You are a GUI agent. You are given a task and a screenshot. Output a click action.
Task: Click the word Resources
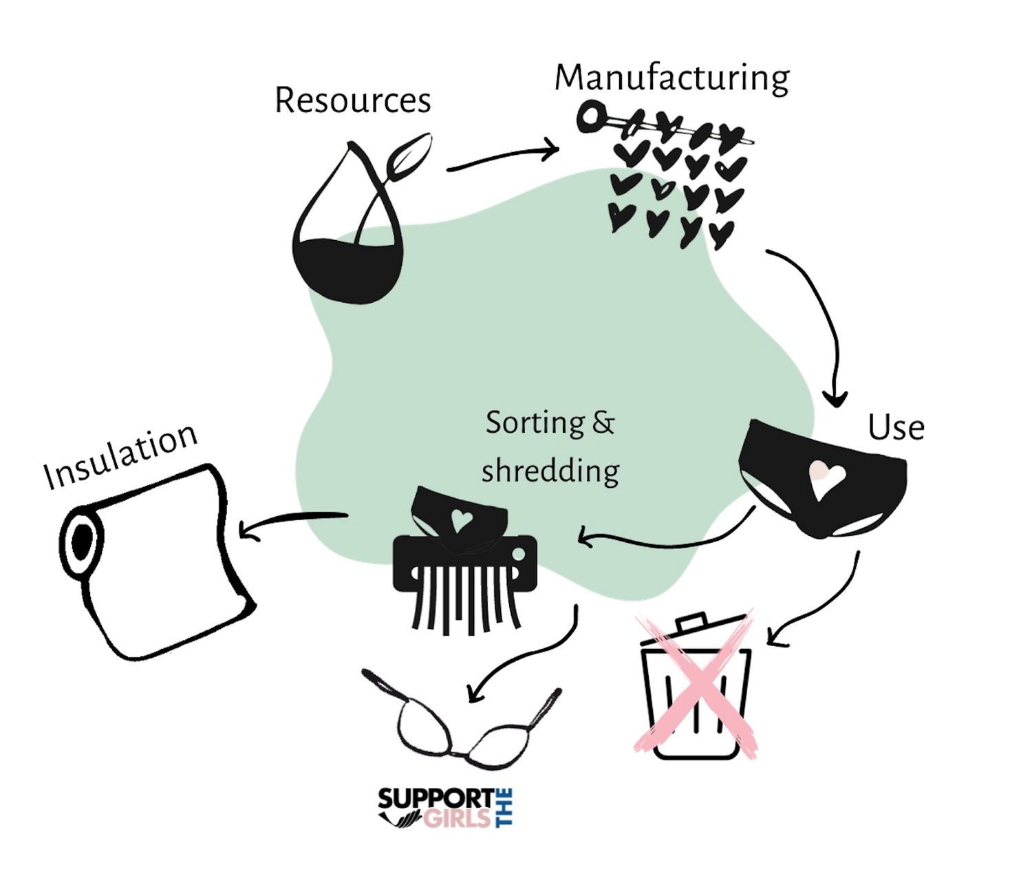coord(352,100)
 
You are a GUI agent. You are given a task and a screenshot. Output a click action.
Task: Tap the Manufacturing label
coord(671,77)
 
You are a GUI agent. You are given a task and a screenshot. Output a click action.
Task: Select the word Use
coord(896,427)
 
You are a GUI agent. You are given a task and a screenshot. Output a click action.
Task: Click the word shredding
coord(550,472)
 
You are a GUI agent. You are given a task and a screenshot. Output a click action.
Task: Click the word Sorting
coord(535,422)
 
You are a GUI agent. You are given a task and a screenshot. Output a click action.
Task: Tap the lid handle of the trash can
coord(691,622)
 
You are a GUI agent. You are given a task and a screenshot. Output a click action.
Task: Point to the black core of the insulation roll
coord(82,542)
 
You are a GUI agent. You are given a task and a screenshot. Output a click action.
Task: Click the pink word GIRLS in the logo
coord(457,818)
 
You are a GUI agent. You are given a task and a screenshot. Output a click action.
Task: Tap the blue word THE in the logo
coord(504,808)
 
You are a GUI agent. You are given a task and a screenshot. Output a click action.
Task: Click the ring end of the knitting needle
coord(590,116)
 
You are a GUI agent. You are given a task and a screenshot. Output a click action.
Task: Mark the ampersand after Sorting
coord(603,422)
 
